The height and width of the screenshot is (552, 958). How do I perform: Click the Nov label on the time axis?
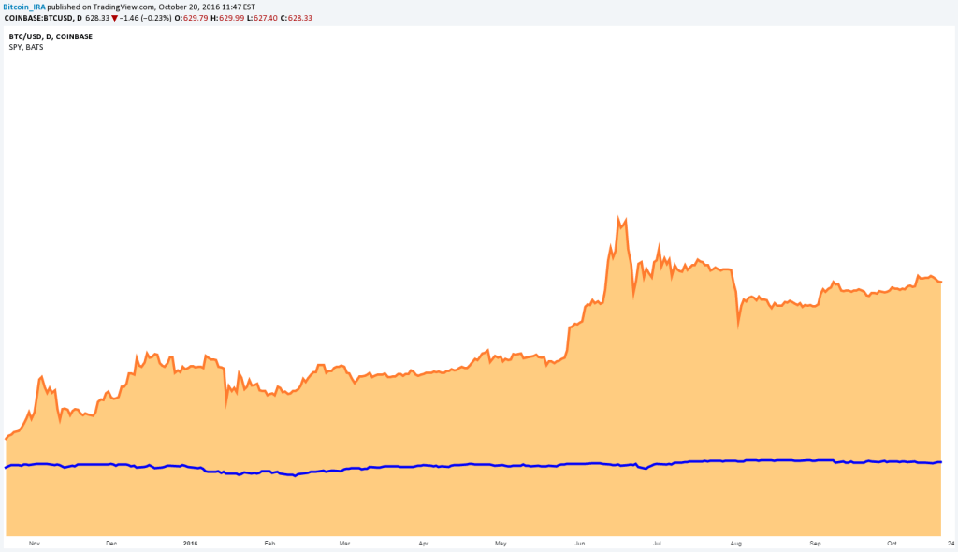click(x=35, y=543)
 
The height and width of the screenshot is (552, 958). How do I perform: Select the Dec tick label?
click(x=111, y=543)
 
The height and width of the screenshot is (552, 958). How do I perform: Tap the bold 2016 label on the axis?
click(x=191, y=543)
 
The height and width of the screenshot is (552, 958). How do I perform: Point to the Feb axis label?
click(x=269, y=543)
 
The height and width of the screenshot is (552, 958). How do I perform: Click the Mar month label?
click(x=344, y=543)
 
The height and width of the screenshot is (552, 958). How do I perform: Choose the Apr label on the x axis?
click(x=424, y=543)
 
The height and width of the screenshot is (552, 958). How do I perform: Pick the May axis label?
click(x=501, y=543)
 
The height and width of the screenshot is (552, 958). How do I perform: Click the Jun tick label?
click(x=580, y=543)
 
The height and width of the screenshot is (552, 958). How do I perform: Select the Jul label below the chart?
click(x=658, y=543)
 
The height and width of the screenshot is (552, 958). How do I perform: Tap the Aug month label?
click(x=736, y=543)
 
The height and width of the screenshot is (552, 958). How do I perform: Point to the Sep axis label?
click(x=815, y=543)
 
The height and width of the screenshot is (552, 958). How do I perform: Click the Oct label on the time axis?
click(x=893, y=543)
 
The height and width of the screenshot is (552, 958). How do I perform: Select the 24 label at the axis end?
click(x=948, y=543)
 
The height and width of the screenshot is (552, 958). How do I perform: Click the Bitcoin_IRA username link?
click(x=24, y=7)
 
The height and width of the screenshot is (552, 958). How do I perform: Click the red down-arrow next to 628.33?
click(x=115, y=17)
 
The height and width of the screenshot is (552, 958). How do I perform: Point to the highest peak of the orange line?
click(x=618, y=218)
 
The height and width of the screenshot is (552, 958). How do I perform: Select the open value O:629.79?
click(x=196, y=17)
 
